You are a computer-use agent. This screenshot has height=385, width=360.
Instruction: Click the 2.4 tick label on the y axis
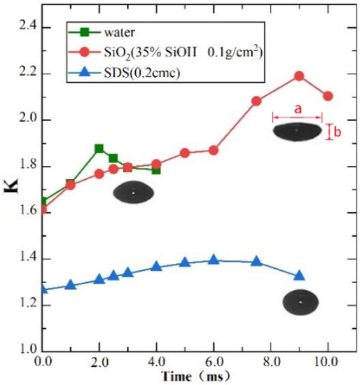click(x=25, y=28)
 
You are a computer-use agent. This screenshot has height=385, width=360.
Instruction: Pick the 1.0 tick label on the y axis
click(x=25, y=351)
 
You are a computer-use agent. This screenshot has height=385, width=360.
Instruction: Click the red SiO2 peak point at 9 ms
click(x=299, y=76)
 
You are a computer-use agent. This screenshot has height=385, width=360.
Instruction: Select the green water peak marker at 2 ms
click(x=99, y=148)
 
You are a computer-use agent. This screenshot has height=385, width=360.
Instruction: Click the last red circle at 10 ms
click(x=328, y=96)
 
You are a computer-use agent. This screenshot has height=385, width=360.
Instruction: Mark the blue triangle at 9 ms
click(x=299, y=276)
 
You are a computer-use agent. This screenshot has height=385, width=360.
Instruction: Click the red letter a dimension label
click(x=298, y=109)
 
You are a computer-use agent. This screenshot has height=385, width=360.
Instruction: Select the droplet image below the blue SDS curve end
click(x=300, y=302)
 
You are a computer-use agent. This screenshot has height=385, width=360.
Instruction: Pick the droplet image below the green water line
click(x=134, y=193)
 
